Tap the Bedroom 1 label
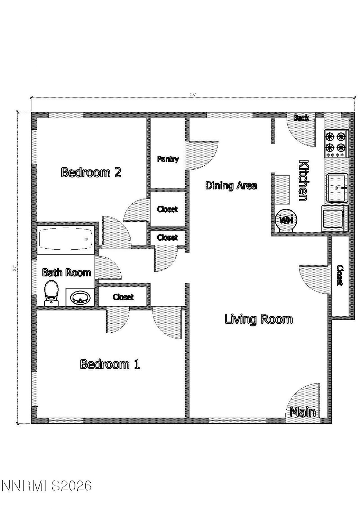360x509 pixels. (110, 364)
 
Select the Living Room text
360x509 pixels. (258, 319)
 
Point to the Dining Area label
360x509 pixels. (231, 186)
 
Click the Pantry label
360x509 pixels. (168, 159)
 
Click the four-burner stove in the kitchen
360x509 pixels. (336, 143)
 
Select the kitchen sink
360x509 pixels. (337, 188)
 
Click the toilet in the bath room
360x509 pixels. (51, 292)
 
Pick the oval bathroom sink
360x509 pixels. (80, 297)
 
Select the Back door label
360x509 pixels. (301, 118)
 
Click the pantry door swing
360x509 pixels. (201, 155)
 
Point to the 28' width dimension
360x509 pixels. (193, 95)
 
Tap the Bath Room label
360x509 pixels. (66, 272)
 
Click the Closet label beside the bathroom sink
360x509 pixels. (123, 297)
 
